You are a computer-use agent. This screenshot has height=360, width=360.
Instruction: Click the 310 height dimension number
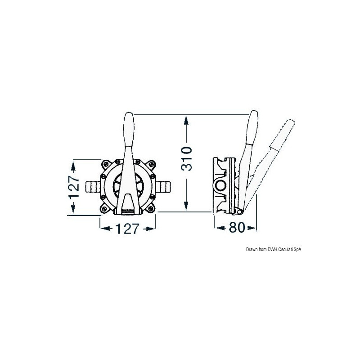click(x=186, y=159)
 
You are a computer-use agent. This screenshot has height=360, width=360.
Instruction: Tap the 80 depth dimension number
click(x=237, y=228)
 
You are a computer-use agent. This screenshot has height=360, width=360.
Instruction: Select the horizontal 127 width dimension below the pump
click(x=127, y=229)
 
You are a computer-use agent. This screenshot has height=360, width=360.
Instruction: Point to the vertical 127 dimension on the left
click(x=74, y=187)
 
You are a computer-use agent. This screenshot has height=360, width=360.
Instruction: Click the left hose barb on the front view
click(x=93, y=186)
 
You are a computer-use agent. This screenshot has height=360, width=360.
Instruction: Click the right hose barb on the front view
click(x=164, y=186)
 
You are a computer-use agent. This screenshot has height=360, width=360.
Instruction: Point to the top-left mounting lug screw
click(x=106, y=164)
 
